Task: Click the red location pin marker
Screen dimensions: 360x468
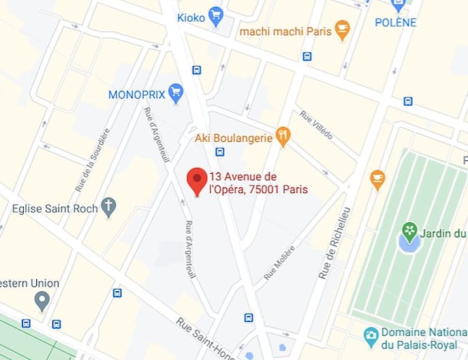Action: coord(197,180)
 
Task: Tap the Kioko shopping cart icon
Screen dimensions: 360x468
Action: coord(217,17)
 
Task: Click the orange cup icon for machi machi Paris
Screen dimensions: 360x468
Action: coord(342,31)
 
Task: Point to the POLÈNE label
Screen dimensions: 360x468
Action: coord(395,22)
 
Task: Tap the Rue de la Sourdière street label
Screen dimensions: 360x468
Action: coord(92,160)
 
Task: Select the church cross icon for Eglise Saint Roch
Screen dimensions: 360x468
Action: coord(108,206)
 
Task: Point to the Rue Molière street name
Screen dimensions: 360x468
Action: coord(279,262)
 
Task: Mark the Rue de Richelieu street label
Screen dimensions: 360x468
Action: coord(334,243)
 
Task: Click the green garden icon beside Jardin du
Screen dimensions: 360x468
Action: coord(409,231)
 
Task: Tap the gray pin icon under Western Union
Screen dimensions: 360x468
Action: coord(42,299)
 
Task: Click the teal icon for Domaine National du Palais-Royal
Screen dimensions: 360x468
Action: coord(371,335)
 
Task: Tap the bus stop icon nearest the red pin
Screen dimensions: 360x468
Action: coord(219,151)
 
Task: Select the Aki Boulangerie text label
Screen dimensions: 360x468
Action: coord(233,138)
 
